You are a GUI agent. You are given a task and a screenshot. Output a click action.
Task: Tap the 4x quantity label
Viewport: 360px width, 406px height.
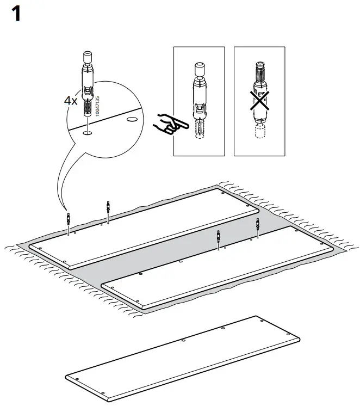point(71,101)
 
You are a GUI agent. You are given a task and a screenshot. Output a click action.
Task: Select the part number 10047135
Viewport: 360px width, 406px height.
point(97,106)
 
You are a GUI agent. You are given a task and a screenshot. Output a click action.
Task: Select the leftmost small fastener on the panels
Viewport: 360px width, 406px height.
point(68,220)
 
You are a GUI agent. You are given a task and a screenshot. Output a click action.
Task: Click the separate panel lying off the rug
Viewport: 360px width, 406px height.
point(182,356)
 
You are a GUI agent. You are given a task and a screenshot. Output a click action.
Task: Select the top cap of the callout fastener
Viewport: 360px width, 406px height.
point(88,57)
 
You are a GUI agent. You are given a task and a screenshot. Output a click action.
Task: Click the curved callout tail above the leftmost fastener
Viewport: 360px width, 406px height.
point(60,180)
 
